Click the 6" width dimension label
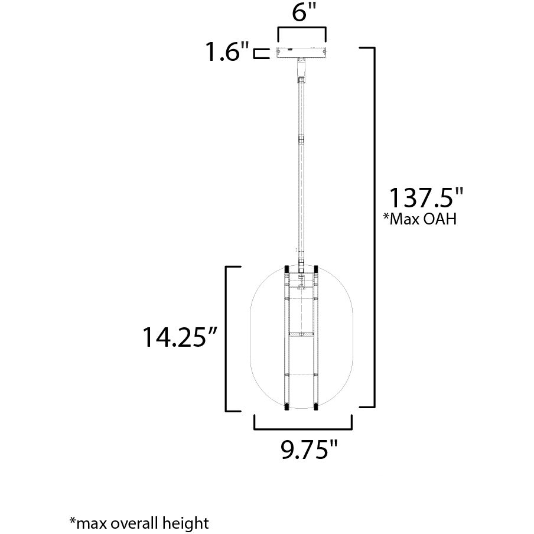(x=301, y=15)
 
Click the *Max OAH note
(x=420, y=220)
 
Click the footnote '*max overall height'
(x=139, y=522)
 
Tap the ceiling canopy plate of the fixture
(x=301, y=53)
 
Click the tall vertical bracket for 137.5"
(x=372, y=227)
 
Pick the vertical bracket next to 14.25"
(x=229, y=338)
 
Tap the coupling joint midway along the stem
(x=302, y=141)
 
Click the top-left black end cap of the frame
(x=288, y=269)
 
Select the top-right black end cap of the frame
(x=316, y=269)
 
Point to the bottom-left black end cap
(x=288, y=406)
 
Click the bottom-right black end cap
(x=316, y=406)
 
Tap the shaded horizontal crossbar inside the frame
(x=302, y=335)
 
